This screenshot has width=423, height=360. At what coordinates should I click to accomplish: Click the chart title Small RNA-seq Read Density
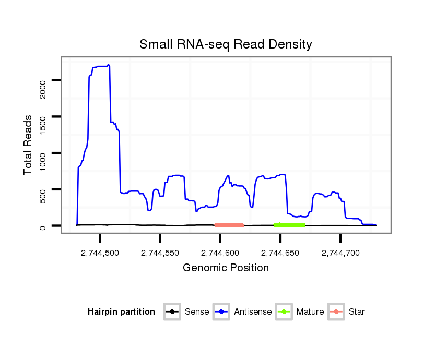click(x=226, y=44)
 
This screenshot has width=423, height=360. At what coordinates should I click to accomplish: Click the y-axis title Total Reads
click(x=28, y=146)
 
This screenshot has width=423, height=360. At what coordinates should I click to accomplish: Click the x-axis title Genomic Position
click(x=226, y=268)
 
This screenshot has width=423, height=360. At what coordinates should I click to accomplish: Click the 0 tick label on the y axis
click(x=43, y=226)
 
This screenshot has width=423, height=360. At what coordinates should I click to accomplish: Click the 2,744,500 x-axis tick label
click(x=100, y=253)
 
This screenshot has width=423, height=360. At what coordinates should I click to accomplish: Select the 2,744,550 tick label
click(x=160, y=253)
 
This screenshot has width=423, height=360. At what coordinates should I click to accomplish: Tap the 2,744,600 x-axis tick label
click(x=220, y=253)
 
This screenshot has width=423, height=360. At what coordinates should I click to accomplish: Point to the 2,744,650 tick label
click(x=280, y=253)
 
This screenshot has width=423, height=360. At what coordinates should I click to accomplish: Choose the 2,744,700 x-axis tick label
click(x=340, y=253)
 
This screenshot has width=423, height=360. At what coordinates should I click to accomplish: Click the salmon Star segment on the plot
click(x=229, y=225)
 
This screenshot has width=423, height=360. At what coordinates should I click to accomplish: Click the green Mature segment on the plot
click(x=289, y=225)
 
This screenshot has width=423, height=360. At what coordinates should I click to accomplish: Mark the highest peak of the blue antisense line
click(x=109, y=65)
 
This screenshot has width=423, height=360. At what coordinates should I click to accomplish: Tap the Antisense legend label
click(x=253, y=312)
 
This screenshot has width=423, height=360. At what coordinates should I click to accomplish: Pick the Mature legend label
click(x=310, y=312)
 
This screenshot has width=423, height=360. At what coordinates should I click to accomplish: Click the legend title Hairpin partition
click(x=121, y=312)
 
